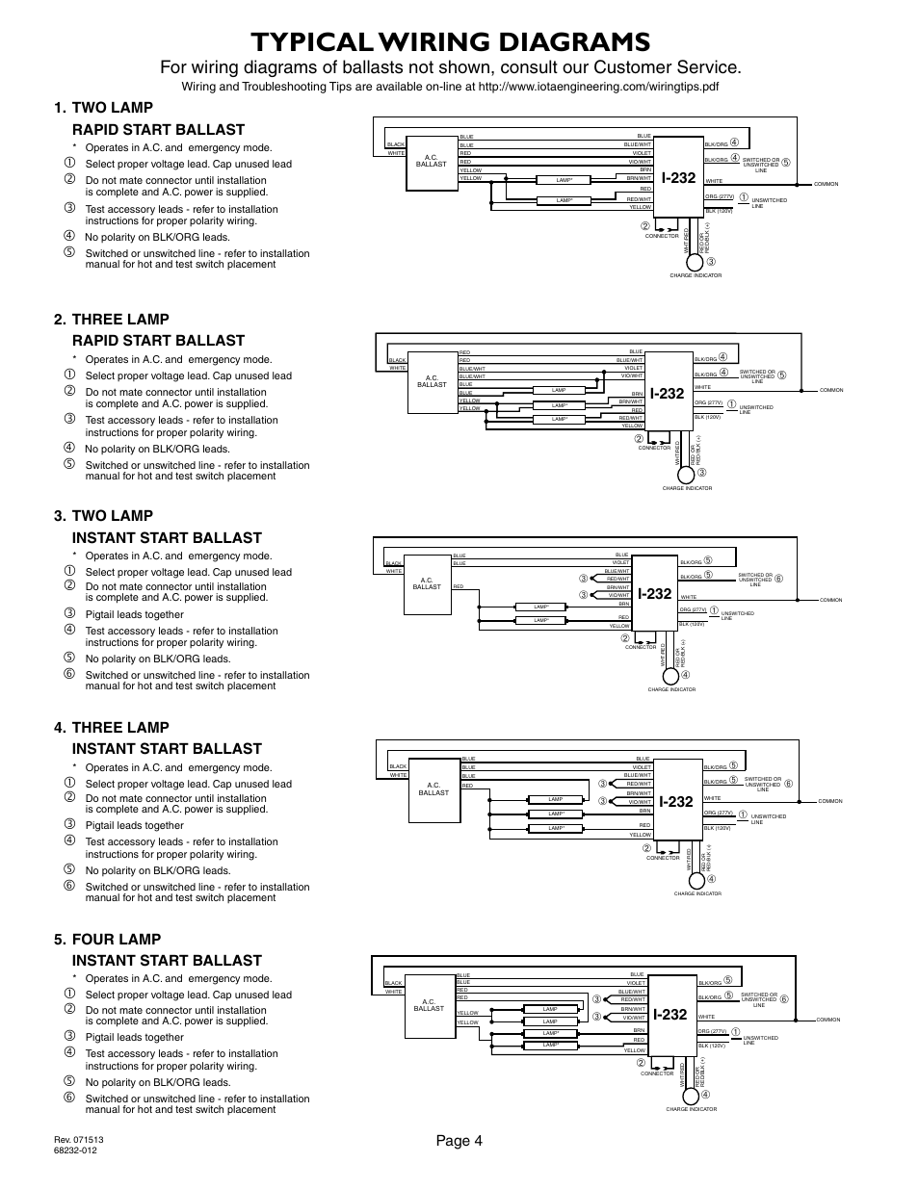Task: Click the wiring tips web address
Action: [x=597, y=87]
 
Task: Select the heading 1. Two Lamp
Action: [x=111, y=108]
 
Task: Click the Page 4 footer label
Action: [x=459, y=1141]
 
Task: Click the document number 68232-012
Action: [x=80, y=1150]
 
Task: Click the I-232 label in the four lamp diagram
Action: [x=670, y=1015]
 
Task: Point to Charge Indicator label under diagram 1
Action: [x=695, y=275]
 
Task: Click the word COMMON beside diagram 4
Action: [x=829, y=801]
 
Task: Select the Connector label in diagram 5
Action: [x=657, y=1073]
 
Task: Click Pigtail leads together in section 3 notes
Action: [x=134, y=614]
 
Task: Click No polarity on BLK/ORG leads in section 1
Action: [x=157, y=237]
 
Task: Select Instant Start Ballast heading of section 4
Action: [x=167, y=748]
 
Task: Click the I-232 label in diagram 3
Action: [x=653, y=594]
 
